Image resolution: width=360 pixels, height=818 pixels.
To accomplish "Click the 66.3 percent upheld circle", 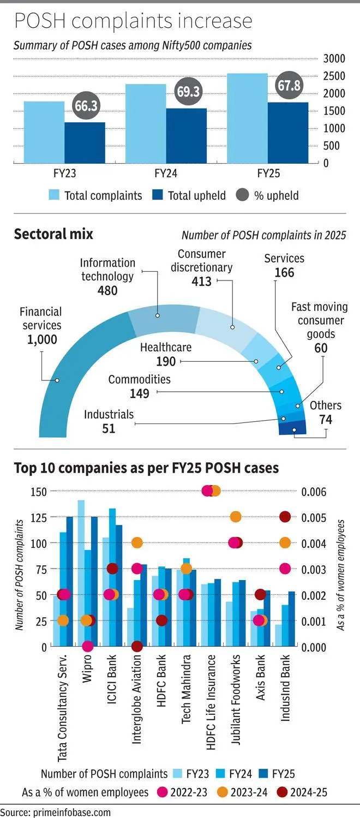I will pyautogui.click(x=86, y=106).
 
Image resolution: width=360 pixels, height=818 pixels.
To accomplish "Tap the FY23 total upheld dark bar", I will pyautogui.click(x=85, y=142).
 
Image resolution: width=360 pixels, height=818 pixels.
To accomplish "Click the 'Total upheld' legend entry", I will pyautogui.click(x=189, y=195).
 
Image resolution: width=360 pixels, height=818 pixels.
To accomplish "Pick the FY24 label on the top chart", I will pyautogui.click(x=166, y=174).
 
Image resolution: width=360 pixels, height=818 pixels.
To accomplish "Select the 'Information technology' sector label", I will pyautogui.click(x=108, y=270).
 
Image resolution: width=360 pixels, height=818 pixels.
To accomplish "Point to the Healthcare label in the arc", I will pyautogui.click(x=166, y=347).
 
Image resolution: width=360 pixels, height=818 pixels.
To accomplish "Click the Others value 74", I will pyautogui.click(x=326, y=420).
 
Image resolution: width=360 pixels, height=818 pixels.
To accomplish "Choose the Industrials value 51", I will pyautogui.click(x=109, y=428).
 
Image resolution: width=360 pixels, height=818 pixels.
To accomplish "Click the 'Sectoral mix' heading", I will pyautogui.click(x=53, y=234).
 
